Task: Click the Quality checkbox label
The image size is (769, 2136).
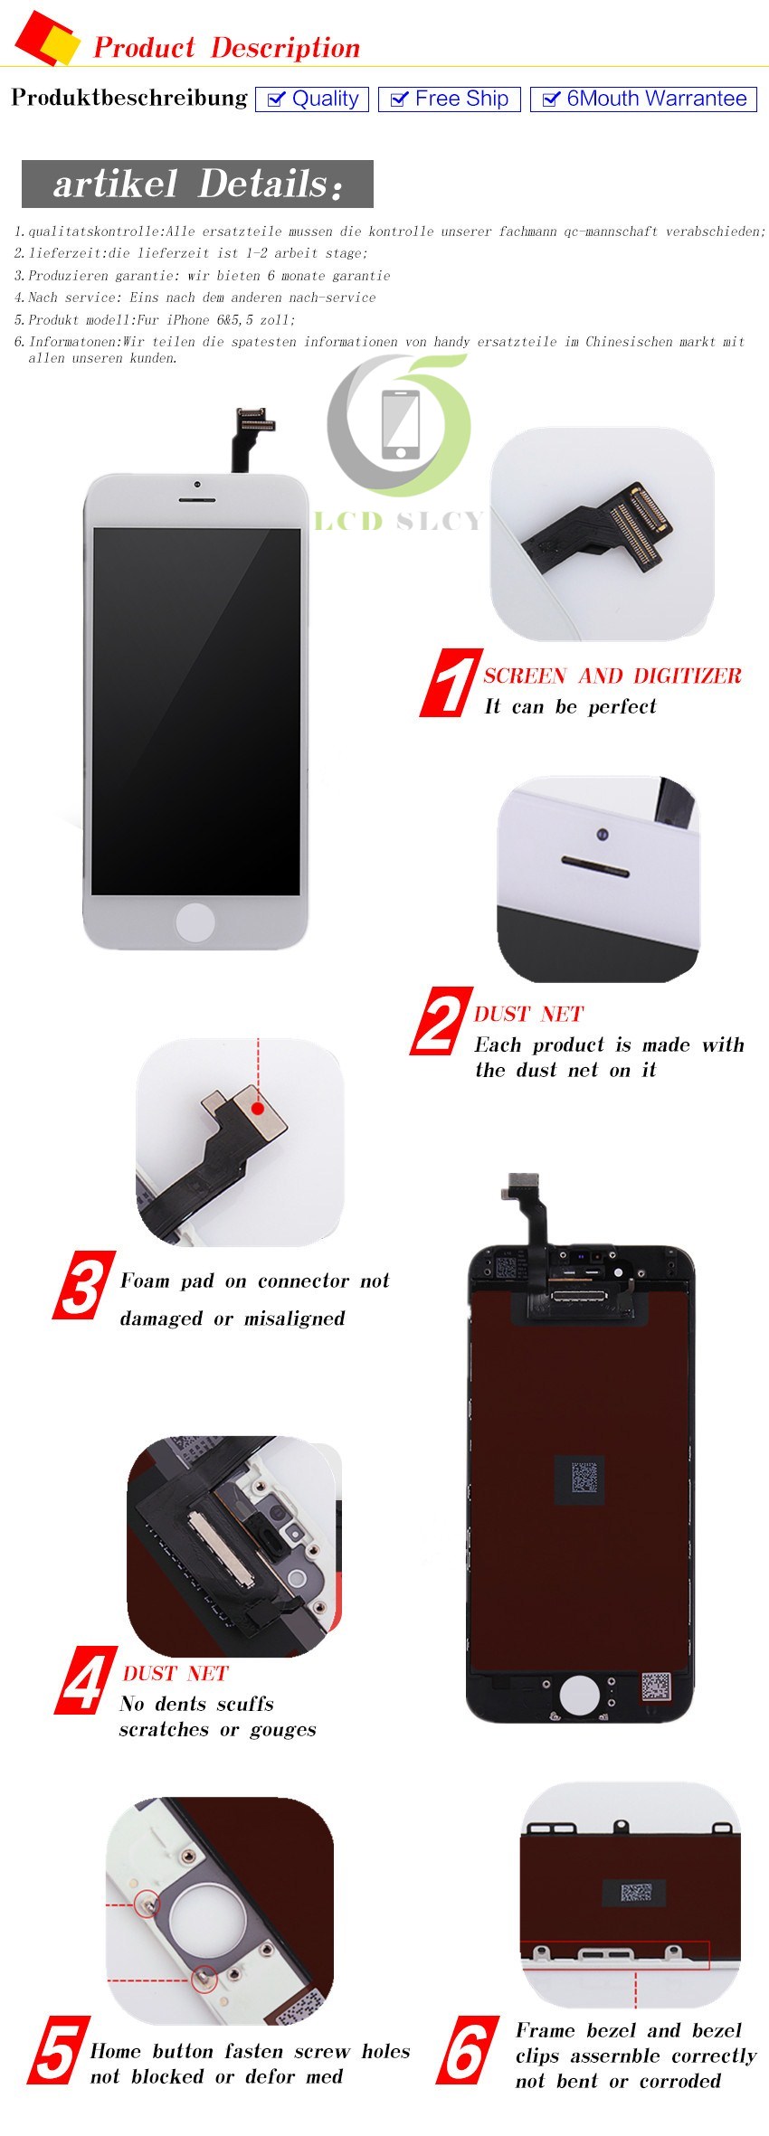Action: coord(312,99)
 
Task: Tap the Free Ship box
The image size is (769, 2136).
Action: coord(449,99)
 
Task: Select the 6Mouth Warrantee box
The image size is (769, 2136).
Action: coord(643,99)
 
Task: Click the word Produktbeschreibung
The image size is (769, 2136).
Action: coord(128,98)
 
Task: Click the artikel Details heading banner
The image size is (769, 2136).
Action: coord(197,184)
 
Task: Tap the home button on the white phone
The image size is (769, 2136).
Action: coord(195,922)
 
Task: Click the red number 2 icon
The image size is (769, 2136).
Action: coord(441,1022)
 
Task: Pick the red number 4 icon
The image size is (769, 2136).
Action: coord(87,1680)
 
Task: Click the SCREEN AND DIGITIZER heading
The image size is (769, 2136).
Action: coord(612,676)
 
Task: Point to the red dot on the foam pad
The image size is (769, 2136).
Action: coord(258,1108)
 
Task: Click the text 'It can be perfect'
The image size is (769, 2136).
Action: coord(570,706)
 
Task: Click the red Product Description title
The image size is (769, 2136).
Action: coord(226,47)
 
